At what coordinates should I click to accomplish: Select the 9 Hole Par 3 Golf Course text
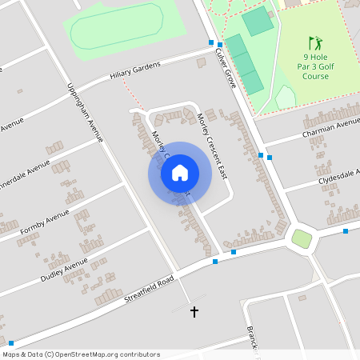point(314,66)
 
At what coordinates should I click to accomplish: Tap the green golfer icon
point(314,42)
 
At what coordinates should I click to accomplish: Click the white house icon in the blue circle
point(180,174)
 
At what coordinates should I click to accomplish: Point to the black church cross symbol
point(194,310)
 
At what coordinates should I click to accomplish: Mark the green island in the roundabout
point(301,238)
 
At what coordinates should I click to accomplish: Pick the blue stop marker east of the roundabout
point(346,231)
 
